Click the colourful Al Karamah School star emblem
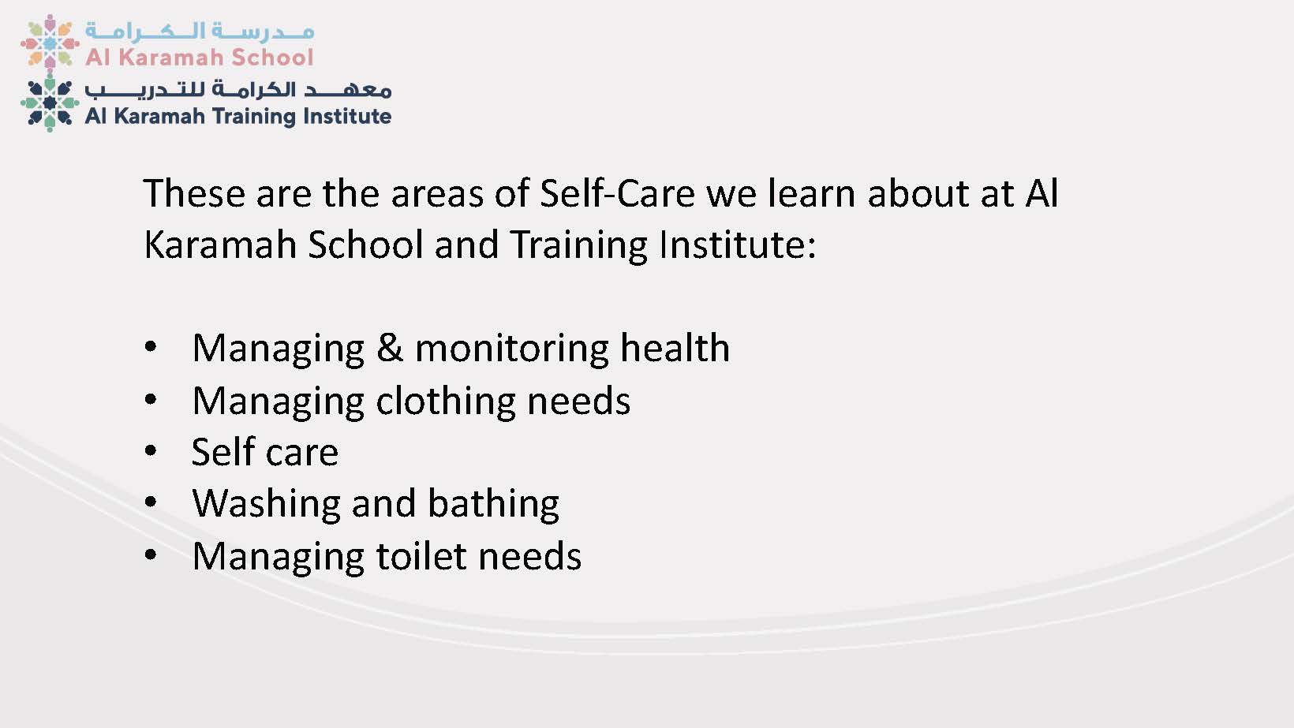[x=50, y=42]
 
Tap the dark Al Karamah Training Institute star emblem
[x=50, y=103]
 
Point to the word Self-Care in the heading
[x=617, y=192]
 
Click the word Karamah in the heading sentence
[x=220, y=245]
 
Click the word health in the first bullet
[x=675, y=348]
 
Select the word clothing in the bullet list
[x=445, y=400]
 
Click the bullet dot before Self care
[x=151, y=451]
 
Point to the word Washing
[x=267, y=503]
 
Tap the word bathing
[x=493, y=503]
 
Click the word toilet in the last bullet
[x=421, y=556]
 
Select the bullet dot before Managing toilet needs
[x=151, y=555]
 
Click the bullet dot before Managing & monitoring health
[x=151, y=347]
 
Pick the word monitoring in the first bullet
[x=512, y=349]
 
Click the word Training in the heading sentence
[x=579, y=245]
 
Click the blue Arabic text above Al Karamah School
[x=200, y=31]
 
